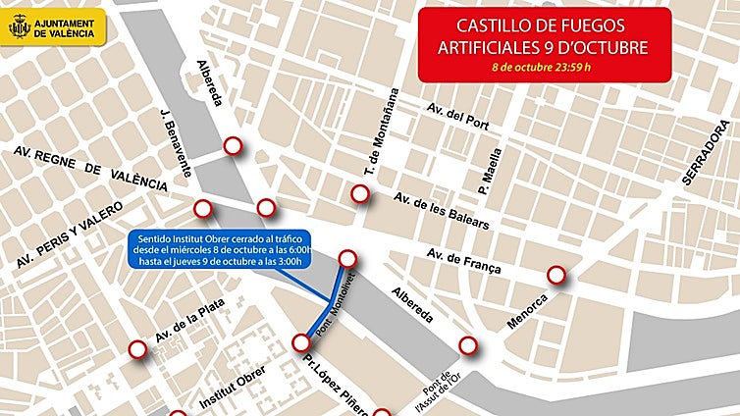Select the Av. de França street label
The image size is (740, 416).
pyautogui.click(x=463, y=261)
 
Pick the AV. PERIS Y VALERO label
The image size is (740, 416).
pyautogui.click(x=69, y=236)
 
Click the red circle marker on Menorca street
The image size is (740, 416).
pyautogui.click(x=556, y=276)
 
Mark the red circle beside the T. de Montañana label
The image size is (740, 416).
pyautogui.click(x=361, y=194)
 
